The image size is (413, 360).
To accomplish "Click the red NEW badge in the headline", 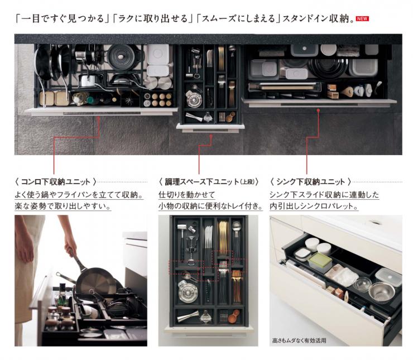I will click(x=362, y=18).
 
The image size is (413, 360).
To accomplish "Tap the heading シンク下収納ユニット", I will click(x=310, y=181).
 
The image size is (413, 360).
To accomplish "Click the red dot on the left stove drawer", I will click(x=100, y=118).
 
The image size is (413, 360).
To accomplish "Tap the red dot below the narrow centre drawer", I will click(x=211, y=136).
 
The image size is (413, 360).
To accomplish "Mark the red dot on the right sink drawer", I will click(x=318, y=110).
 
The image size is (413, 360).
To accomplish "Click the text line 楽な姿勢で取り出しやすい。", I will click(x=63, y=206).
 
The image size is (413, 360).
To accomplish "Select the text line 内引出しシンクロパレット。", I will click(x=314, y=206).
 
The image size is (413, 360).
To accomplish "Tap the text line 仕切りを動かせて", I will click(x=186, y=195).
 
